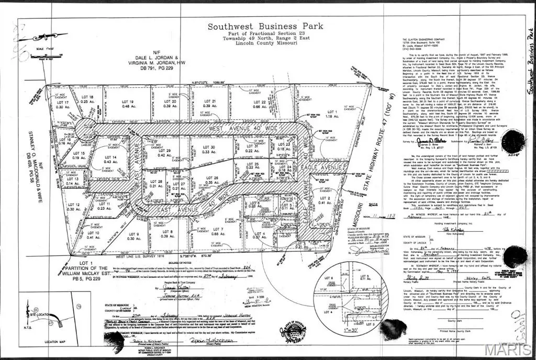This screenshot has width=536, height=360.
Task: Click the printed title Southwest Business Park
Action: coord(265,26)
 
